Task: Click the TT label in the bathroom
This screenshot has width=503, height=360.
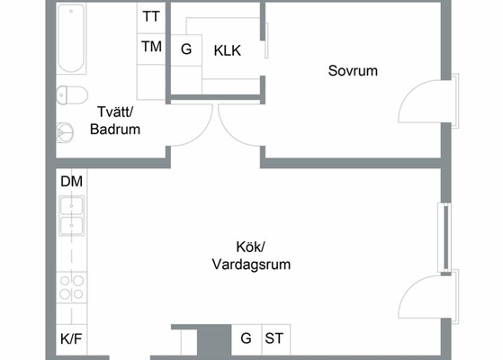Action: pos(151,17)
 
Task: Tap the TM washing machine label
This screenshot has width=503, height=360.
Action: pos(151,47)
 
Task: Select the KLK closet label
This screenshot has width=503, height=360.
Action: pos(228,50)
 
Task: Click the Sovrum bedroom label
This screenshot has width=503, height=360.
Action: pos(353,71)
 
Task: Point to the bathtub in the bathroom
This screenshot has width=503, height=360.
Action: pos(71,39)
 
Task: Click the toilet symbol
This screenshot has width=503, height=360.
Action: pos(72,95)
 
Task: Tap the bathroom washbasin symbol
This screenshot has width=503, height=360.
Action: pos(65,132)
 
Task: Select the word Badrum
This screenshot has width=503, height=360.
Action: pos(115,130)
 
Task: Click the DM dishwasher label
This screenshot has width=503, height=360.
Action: pos(72,182)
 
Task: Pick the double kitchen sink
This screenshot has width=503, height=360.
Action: pos(72,216)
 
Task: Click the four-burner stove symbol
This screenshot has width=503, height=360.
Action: pos(72,287)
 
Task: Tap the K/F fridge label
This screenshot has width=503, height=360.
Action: pos(71,338)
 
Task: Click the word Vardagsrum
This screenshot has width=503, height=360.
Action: pos(252,265)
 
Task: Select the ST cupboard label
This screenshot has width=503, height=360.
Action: pos(274,338)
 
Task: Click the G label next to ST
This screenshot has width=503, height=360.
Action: pos(246,338)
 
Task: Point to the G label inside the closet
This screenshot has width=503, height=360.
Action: pos(186,49)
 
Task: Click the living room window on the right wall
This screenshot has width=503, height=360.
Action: pos(445,238)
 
